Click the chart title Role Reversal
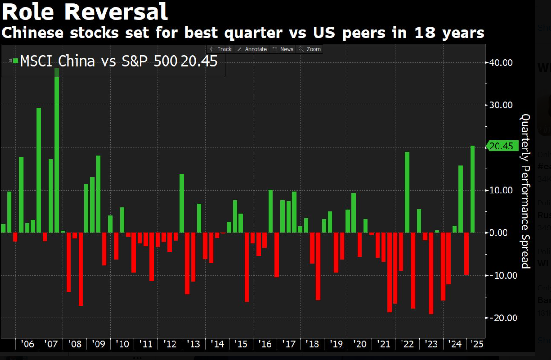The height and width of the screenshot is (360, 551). tap(85, 12)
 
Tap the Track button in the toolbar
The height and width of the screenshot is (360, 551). tap(221, 49)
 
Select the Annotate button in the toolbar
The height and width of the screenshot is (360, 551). tap(253, 49)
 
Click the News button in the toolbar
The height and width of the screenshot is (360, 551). tap(283, 49)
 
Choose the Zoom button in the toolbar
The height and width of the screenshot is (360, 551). tap(310, 49)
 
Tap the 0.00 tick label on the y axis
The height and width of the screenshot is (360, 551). tap(503, 233)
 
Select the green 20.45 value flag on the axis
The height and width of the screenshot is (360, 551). tap(500, 147)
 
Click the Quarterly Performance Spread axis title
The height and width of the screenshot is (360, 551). tap(525, 191)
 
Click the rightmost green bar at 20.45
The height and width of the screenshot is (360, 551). tap(472, 189)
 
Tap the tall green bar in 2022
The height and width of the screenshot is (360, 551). tap(407, 192)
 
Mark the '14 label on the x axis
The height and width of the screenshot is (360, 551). tap(218, 344)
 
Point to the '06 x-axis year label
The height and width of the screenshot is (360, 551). tap(28, 344)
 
